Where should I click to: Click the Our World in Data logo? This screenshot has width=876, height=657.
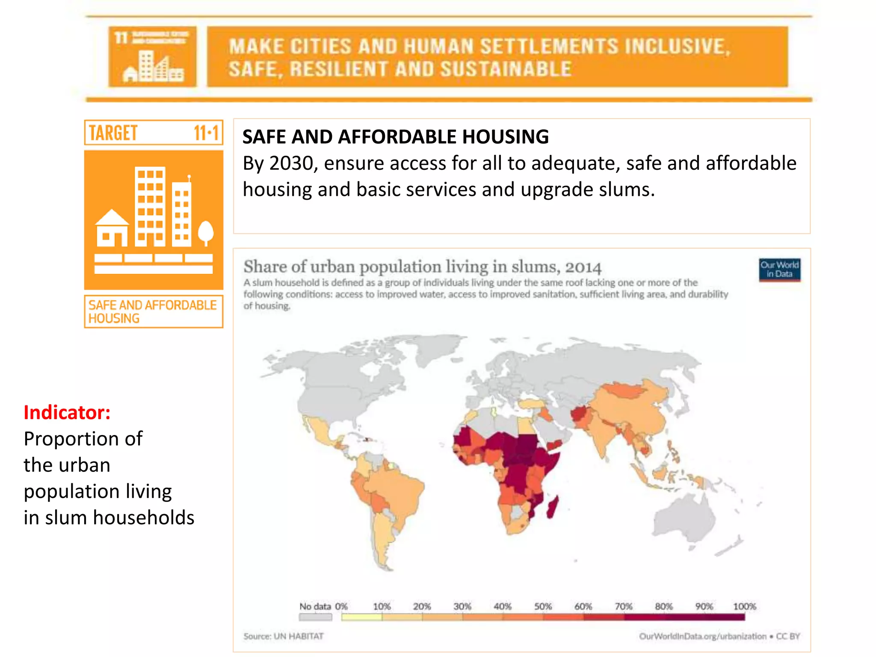(x=779, y=269)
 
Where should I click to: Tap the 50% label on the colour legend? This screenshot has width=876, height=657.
(x=543, y=606)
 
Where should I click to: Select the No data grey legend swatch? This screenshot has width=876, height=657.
(x=315, y=617)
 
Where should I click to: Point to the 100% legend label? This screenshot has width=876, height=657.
(x=744, y=606)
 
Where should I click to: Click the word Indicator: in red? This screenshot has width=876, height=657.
(x=67, y=412)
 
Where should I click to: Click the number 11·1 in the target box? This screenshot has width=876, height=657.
(x=206, y=133)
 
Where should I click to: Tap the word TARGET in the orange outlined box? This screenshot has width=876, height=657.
(x=113, y=133)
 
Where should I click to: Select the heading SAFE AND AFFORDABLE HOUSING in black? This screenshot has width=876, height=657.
(x=395, y=137)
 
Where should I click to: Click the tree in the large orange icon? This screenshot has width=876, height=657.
(x=206, y=233)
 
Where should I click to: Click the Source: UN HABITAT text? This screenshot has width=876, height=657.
(x=283, y=636)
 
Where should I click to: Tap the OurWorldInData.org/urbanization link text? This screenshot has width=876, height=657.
(x=702, y=636)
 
